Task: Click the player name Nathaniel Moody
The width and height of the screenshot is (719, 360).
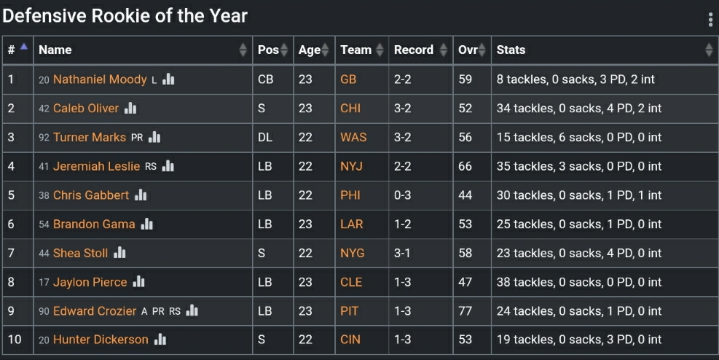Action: point(100,79)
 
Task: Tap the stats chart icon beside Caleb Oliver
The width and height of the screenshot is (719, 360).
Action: point(130,109)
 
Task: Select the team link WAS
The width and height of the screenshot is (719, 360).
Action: point(353,137)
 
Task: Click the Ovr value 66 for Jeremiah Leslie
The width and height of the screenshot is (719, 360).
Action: point(465,166)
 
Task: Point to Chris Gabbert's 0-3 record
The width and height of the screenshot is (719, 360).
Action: point(403,195)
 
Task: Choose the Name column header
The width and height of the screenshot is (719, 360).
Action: point(55,50)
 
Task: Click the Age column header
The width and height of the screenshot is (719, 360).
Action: point(310,50)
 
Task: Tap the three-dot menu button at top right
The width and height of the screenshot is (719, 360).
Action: point(710,20)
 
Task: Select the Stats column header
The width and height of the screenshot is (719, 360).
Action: point(511,50)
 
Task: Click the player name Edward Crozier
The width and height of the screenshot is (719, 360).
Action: point(95,311)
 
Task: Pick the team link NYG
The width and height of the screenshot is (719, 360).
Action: point(352,253)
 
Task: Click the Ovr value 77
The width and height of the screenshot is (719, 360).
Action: point(465,311)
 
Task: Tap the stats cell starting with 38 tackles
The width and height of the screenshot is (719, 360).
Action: point(578,282)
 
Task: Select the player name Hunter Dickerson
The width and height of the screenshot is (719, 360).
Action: point(101,340)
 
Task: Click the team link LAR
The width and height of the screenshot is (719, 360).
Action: point(351,224)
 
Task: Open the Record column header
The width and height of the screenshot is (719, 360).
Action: point(414,50)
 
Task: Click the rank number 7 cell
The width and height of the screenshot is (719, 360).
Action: point(11,253)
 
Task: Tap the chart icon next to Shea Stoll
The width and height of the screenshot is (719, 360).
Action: point(120,253)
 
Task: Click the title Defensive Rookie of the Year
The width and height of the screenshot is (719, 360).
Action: point(125,15)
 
